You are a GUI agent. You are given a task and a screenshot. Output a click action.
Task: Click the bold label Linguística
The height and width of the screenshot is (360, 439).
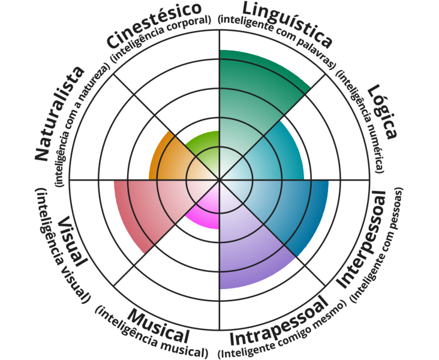click(287, 22)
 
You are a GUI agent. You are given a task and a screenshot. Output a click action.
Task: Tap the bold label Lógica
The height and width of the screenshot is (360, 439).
click(383, 112)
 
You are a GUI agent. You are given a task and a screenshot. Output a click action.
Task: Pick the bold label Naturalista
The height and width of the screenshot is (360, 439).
click(59, 114)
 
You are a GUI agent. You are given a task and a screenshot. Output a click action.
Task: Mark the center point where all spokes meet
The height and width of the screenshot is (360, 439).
click(220, 179)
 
